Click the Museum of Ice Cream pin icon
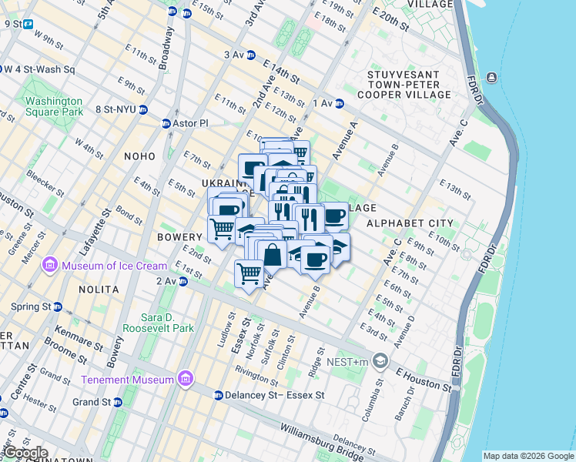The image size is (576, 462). coord(51,266)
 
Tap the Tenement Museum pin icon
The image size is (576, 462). coord(184,379)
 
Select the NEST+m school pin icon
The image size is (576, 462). coord(380,360)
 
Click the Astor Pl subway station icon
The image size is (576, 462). coord(166,123)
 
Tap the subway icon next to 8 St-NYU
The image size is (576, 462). coord(143,109)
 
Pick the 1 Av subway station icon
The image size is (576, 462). coord(338,103)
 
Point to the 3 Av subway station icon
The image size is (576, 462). coord(251,55)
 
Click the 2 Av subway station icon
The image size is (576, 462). coord(183,282)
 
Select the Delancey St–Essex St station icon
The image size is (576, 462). coord(218,396)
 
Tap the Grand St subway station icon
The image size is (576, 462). coord(117,402)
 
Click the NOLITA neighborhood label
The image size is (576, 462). coord(99,290)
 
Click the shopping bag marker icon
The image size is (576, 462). coord(273,253)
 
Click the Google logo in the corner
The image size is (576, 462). coord(25,453)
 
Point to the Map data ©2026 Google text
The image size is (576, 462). coord(527,456)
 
